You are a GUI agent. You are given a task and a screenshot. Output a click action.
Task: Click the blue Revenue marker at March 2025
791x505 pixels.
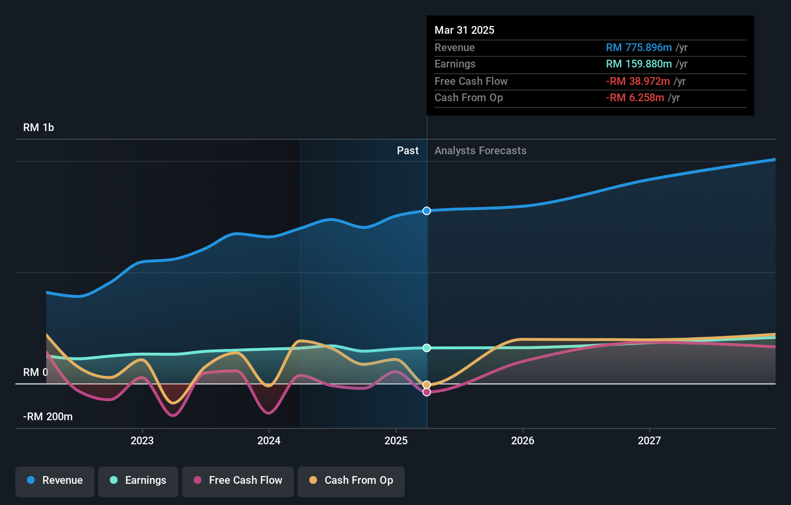tap(426, 211)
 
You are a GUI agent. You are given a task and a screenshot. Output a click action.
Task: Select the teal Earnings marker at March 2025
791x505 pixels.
tap(426, 348)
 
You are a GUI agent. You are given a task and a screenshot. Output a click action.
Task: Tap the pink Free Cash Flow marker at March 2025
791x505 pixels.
tap(426, 392)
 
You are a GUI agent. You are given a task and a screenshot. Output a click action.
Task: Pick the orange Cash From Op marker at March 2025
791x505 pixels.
tap(426, 385)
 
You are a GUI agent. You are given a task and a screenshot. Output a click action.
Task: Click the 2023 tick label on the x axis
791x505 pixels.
tap(142, 440)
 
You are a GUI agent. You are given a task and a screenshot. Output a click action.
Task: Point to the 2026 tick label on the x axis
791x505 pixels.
tap(523, 440)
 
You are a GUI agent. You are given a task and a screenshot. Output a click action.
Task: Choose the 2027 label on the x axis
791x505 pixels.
tap(649, 440)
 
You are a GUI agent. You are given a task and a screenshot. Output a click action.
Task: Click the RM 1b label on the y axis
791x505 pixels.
tap(39, 128)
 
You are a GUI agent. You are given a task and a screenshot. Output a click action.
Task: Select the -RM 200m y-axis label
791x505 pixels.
tap(48, 416)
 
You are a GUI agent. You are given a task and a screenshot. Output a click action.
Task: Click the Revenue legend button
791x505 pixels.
tap(55, 480)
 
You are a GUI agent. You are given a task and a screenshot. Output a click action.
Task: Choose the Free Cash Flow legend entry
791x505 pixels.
tap(238, 480)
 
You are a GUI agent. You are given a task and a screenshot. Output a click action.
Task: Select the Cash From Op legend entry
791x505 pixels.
tap(351, 480)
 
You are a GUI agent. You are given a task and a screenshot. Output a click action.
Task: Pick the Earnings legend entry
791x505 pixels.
tap(138, 480)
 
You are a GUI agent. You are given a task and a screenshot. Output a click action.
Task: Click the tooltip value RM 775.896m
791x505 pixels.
tap(639, 47)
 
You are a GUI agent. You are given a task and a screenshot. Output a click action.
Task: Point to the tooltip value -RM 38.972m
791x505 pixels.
tap(638, 81)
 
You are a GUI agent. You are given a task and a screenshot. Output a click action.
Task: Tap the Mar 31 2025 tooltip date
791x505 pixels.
tap(464, 30)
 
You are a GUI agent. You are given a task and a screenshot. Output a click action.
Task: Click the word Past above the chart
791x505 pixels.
tap(408, 150)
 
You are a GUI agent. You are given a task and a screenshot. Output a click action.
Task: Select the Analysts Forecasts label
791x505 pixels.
tap(480, 150)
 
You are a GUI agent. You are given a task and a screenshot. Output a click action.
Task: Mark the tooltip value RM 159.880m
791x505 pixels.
tap(639, 64)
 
